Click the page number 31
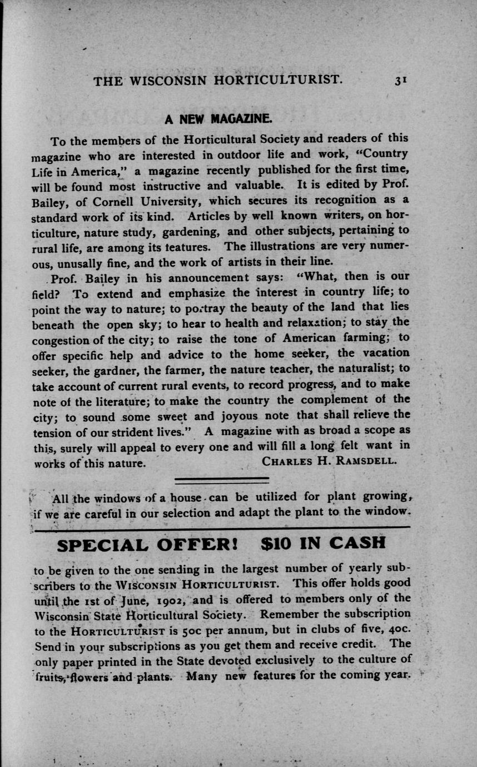point(401,80)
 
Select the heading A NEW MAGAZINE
point(217,118)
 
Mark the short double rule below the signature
point(222,479)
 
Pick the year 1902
point(173,599)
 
